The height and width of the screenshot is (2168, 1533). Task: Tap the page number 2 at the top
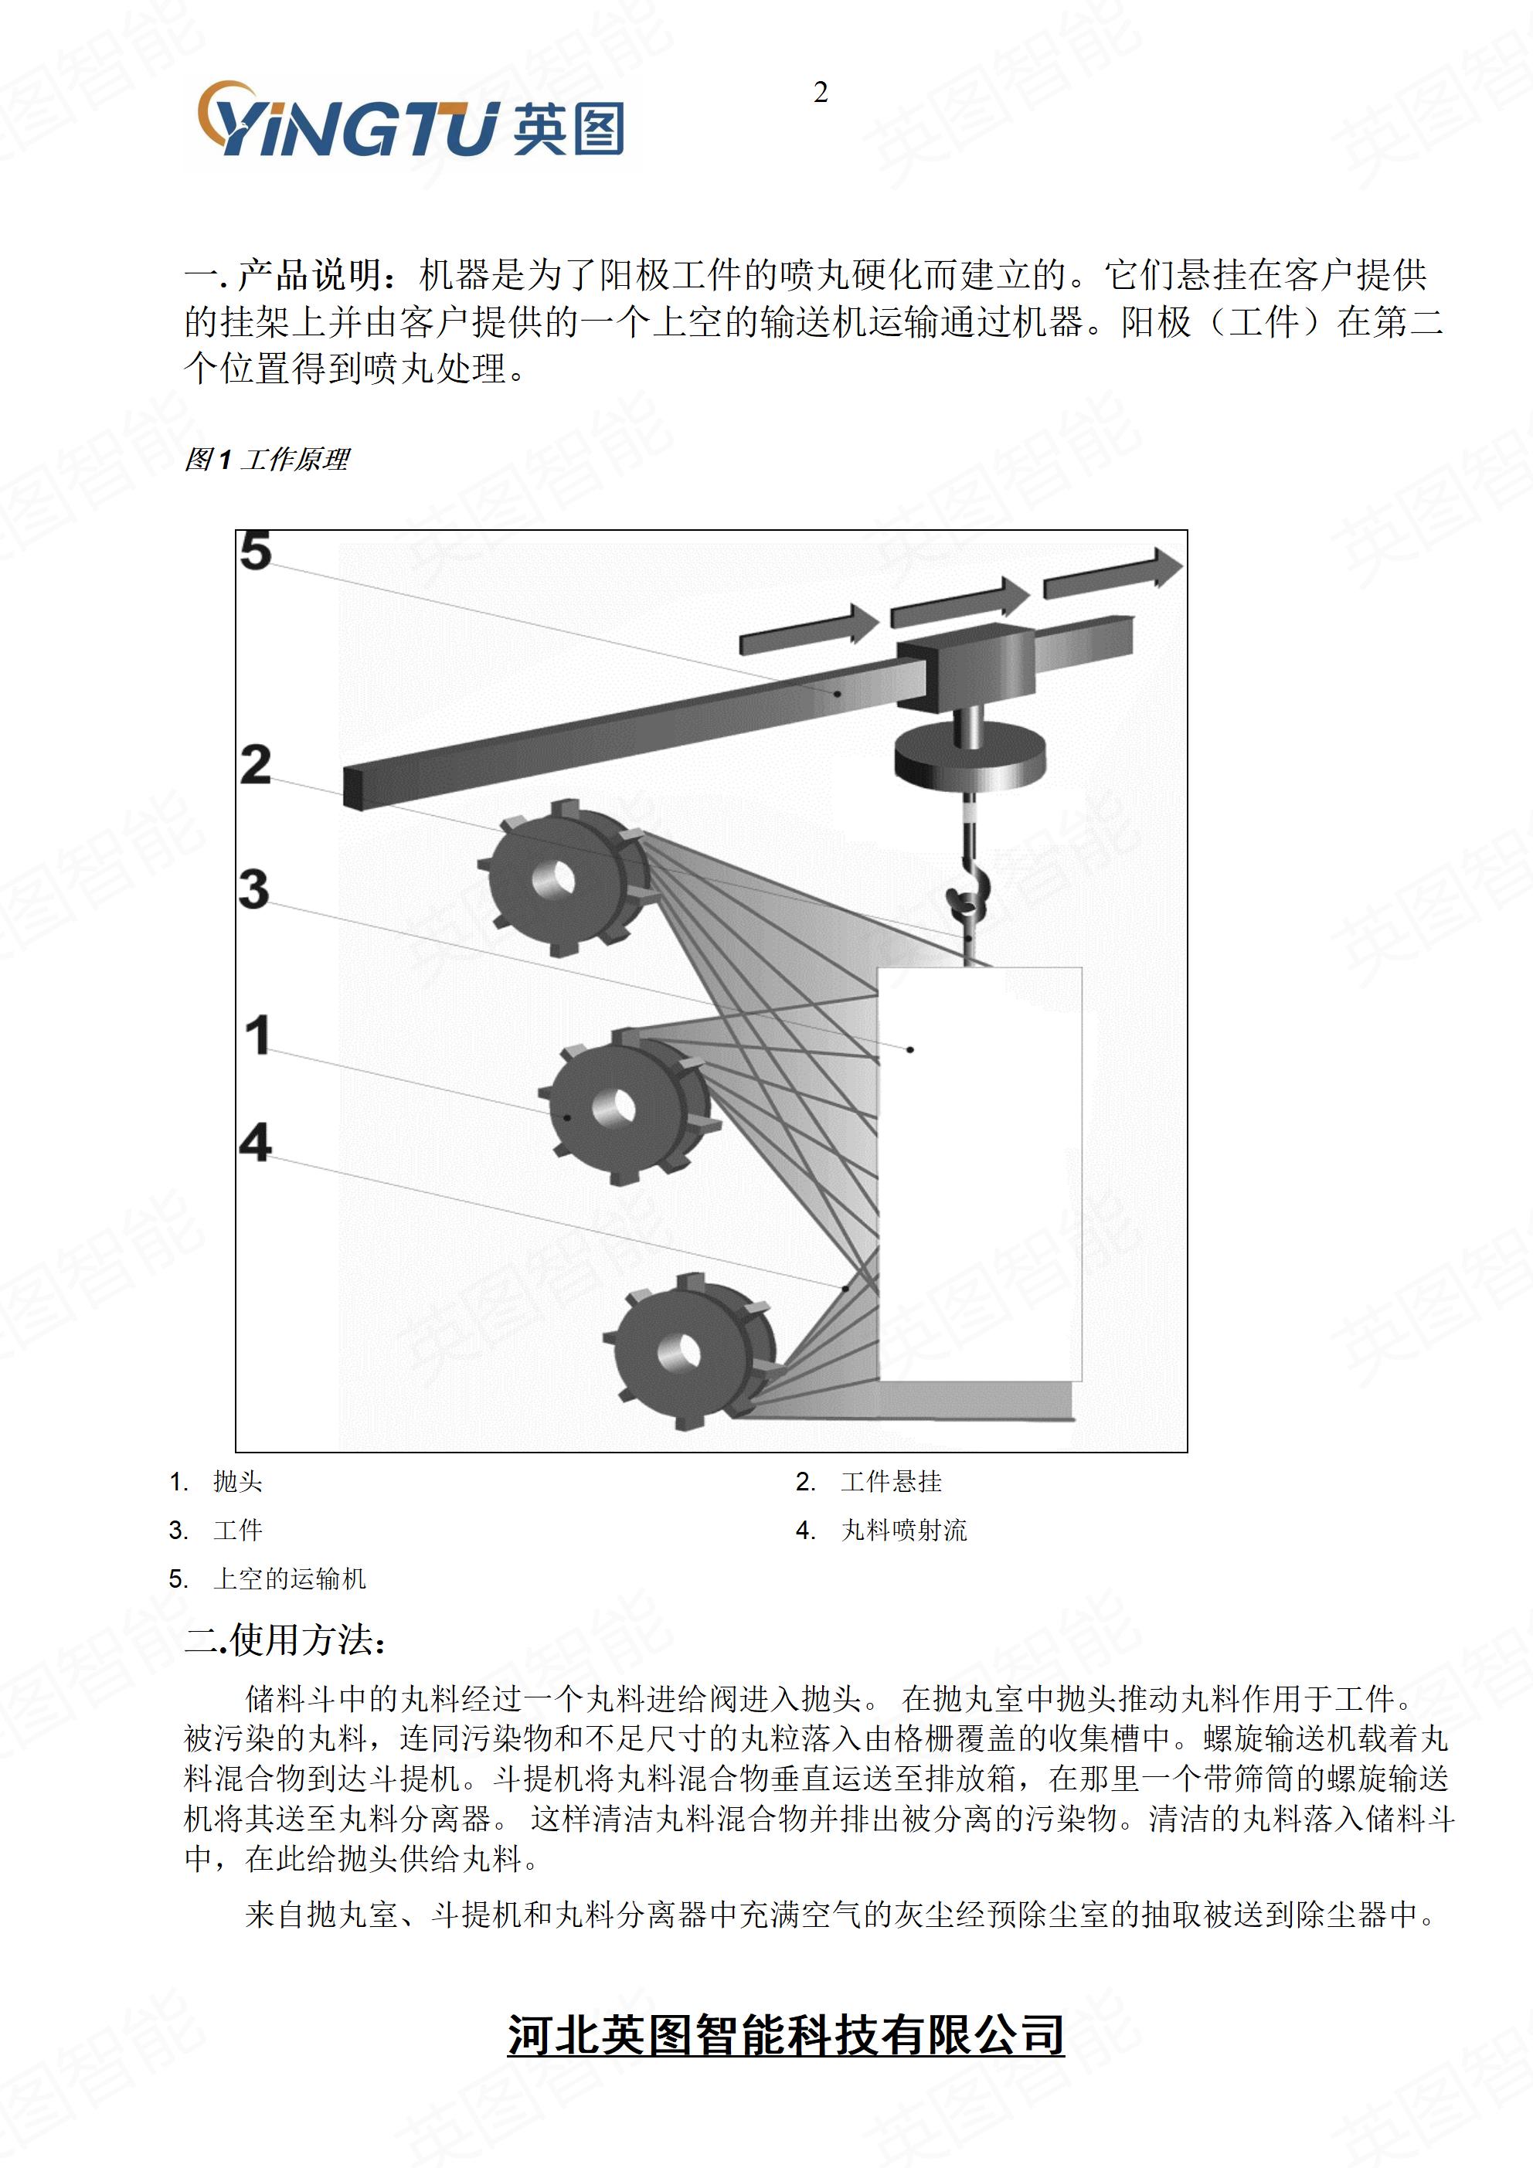tap(820, 93)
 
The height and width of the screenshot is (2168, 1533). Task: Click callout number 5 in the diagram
tap(255, 550)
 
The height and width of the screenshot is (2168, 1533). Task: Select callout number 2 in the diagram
tap(255, 765)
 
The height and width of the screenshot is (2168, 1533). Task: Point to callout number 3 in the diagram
tap(254, 889)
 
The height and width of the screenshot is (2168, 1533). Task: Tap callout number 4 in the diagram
tap(255, 1142)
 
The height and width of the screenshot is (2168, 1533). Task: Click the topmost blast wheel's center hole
tap(555, 879)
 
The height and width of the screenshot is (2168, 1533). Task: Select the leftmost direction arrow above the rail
tap(808, 629)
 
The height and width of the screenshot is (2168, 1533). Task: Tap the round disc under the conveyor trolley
tap(970, 760)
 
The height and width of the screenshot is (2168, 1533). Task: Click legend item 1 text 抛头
tap(237, 1482)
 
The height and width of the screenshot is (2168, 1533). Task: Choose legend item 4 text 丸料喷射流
tap(903, 1531)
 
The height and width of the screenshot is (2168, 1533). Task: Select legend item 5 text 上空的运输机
tap(289, 1578)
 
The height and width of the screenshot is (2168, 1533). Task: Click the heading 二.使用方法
tap(285, 1640)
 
